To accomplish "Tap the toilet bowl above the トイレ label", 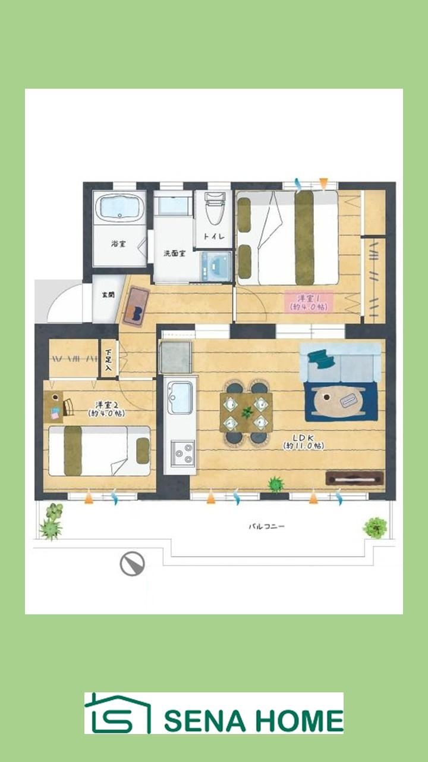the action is tap(215, 209).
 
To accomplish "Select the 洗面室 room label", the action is tap(174, 253).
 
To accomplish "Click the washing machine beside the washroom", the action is tap(216, 266).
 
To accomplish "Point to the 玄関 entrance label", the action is tap(108, 295).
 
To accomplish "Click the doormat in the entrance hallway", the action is tap(136, 306).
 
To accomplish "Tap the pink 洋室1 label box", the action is tap(309, 302).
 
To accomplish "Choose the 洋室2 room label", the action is tap(106, 409).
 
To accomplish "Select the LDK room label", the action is tap(303, 442).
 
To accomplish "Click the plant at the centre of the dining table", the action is tap(247, 413).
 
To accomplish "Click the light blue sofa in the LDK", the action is tap(341, 363).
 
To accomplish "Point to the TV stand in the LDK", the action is tap(355, 478).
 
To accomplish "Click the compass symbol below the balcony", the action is tap(133, 564).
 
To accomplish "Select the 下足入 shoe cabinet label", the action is tap(108, 360).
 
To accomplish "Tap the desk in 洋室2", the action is tap(53, 407).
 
